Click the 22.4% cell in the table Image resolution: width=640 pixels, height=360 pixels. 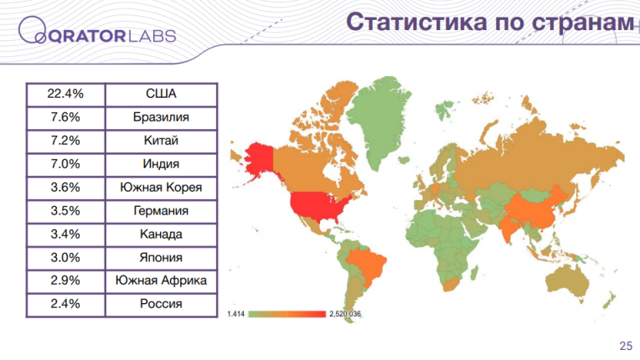click(65, 94)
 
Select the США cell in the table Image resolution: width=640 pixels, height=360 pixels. click(161, 94)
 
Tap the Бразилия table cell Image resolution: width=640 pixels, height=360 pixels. click(161, 118)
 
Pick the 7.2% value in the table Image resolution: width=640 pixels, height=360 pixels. click(65, 141)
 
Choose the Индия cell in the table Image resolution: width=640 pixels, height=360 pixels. click(161, 164)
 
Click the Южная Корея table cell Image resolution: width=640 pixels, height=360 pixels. click(161, 188)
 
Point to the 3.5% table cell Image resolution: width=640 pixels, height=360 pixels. click(65, 211)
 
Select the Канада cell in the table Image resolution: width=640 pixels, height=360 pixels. click(161, 234)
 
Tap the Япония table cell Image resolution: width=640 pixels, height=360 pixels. click(161, 258)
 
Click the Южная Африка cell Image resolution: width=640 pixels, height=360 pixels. click(161, 281)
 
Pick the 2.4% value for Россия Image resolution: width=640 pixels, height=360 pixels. click(65, 304)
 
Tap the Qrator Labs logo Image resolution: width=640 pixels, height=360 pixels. click(97, 31)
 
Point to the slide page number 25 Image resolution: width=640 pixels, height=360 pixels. click(626, 346)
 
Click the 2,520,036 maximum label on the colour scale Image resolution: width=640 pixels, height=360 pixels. click(345, 314)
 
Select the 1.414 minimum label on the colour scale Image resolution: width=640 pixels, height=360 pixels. click(235, 314)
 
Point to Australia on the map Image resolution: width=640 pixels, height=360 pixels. click(567, 282)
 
